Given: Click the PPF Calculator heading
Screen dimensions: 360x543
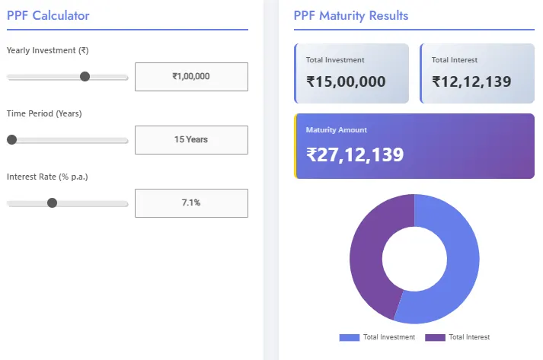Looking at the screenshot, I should coord(48,15).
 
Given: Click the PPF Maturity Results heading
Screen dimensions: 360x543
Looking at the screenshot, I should coord(350,15).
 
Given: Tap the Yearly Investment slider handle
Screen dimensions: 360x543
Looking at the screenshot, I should coord(85,76).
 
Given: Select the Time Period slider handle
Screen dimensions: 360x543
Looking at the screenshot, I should coord(11,139).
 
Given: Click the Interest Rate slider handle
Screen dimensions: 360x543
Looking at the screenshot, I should coord(52,202).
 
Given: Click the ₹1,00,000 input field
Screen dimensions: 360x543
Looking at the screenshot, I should coord(191,76).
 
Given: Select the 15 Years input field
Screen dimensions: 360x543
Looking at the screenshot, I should coord(191,139).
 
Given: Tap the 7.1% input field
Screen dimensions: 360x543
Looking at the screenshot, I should coord(191,202).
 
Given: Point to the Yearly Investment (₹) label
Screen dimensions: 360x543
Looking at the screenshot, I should coord(47,50).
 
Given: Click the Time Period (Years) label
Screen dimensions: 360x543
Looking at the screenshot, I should coord(44,113).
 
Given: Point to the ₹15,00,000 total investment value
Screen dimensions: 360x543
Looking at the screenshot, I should coord(346,81).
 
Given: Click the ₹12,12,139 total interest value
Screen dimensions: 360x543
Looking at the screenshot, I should coord(471,81).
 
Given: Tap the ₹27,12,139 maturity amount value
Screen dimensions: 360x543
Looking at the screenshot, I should coord(355,155).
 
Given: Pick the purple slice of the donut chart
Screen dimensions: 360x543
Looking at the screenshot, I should coord(369,251).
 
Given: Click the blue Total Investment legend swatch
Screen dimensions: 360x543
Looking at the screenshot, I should coord(349,337).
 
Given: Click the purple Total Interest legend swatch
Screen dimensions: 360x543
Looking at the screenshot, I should coord(435,337).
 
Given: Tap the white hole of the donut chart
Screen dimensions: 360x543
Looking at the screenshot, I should coord(414,259).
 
